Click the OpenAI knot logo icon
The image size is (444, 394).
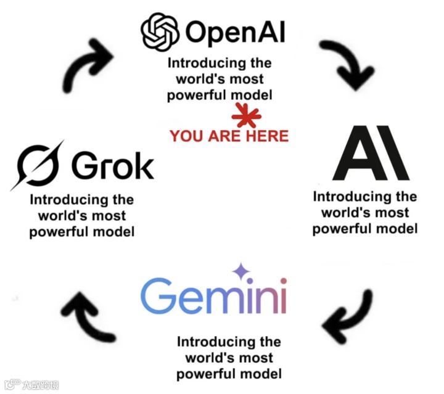pyautogui.click(x=160, y=31)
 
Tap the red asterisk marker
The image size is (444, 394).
pyautogui.click(x=246, y=115)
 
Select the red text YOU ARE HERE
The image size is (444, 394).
pyautogui.click(x=229, y=136)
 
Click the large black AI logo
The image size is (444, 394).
pyautogui.click(x=371, y=153)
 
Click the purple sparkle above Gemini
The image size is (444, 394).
pyautogui.click(x=239, y=271)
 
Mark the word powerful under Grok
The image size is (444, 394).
pyautogui.click(x=59, y=232)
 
